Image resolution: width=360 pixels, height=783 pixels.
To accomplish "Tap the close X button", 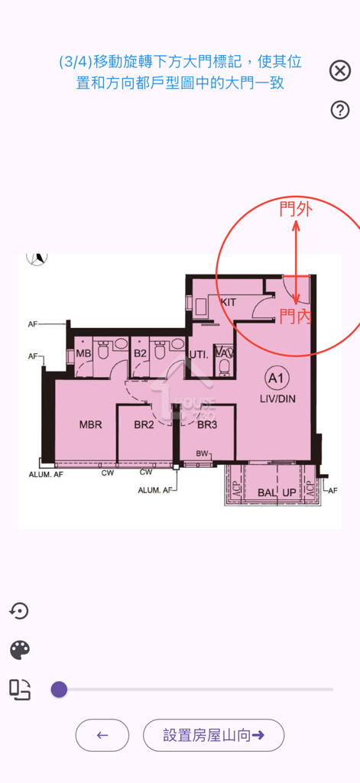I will click(340, 71).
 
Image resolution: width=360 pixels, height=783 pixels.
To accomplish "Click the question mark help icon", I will click(340, 110).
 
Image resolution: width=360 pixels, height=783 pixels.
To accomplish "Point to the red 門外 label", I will click(295, 210).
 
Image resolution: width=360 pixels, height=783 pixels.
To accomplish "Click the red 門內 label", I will click(295, 316).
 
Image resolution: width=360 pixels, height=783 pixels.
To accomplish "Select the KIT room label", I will click(228, 302).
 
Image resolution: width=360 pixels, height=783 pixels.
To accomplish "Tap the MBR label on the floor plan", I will click(90, 424).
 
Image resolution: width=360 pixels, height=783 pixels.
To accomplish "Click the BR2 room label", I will click(144, 424).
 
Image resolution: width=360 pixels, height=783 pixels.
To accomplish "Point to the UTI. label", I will click(199, 355).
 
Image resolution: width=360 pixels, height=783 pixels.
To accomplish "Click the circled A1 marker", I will click(275, 378).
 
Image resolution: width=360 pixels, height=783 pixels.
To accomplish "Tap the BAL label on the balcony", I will click(266, 492).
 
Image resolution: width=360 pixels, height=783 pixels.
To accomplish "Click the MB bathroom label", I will click(83, 353).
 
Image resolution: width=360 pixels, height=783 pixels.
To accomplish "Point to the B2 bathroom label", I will click(140, 353).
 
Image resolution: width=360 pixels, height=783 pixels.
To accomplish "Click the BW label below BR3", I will click(203, 454).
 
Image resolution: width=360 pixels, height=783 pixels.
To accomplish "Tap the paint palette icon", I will click(20, 650).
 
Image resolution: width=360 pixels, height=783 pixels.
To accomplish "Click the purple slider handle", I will click(59, 690).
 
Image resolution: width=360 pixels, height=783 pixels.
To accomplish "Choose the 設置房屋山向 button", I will click(213, 735).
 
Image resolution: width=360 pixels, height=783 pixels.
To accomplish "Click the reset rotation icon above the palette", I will click(19, 610).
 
